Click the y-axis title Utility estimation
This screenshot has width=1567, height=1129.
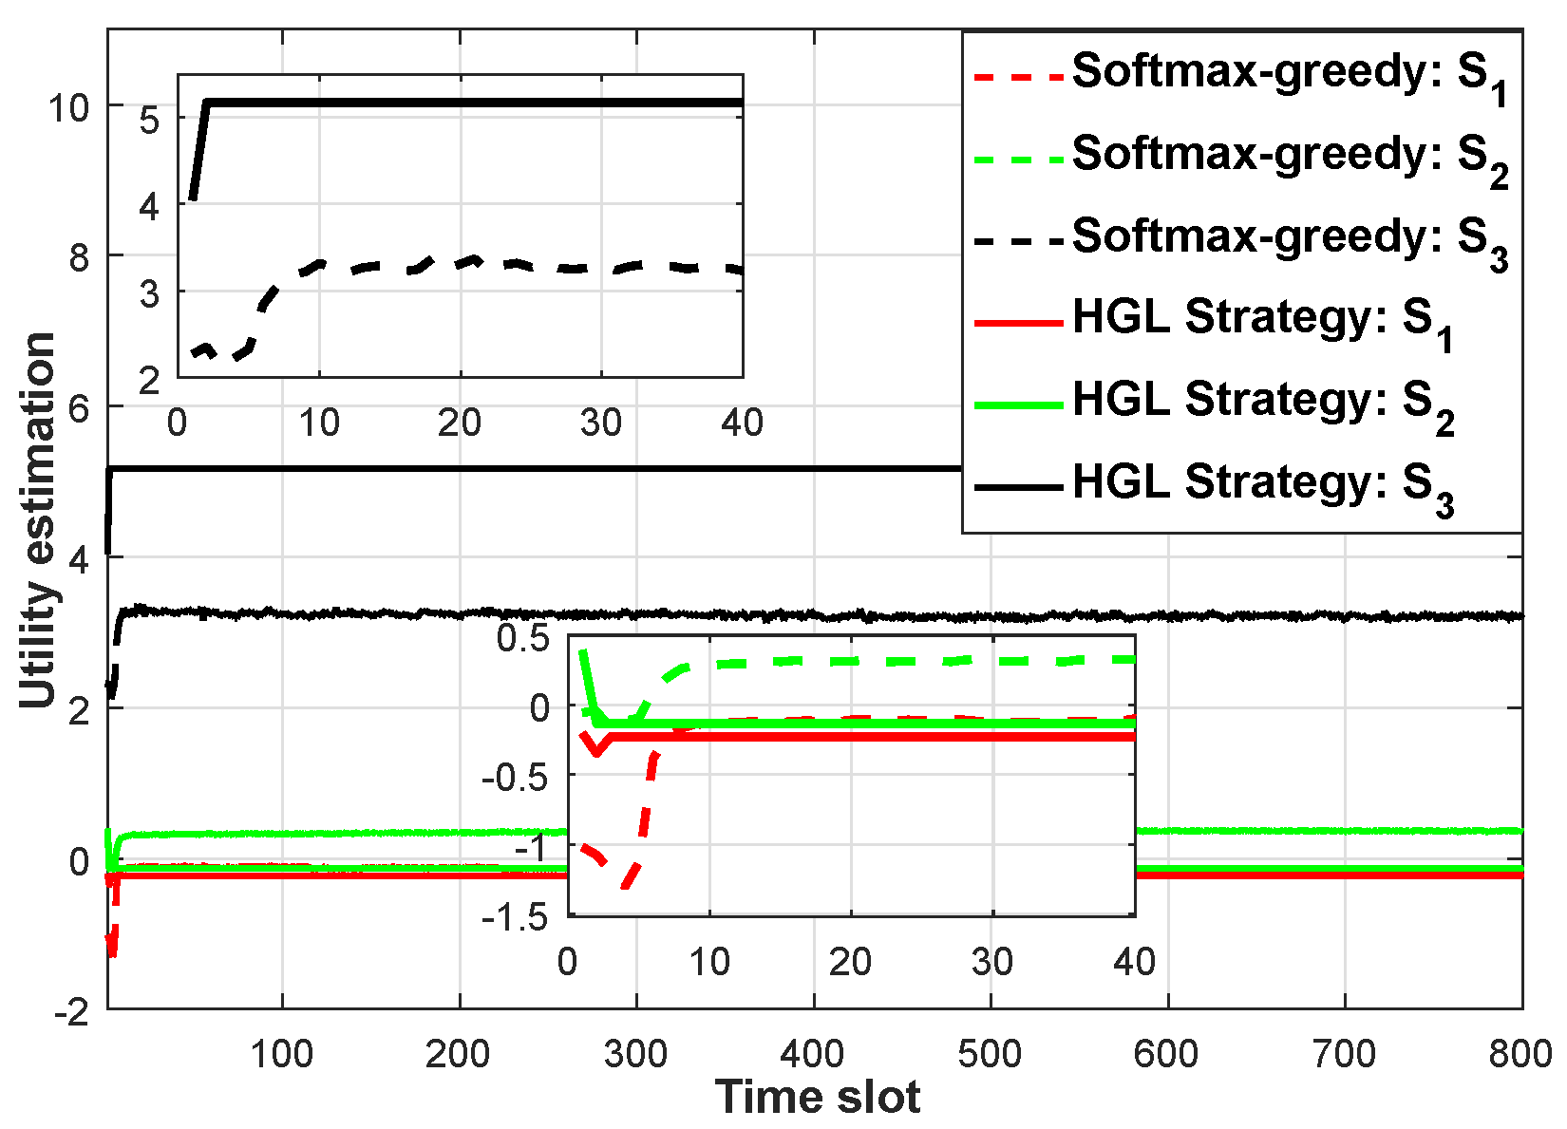(38, 519)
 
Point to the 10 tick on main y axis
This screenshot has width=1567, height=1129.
(68, 107)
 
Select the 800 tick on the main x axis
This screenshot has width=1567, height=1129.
(1520, 1053)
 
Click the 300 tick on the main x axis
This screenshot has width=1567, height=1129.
(635, 1053)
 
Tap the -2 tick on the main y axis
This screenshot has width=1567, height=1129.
(72, 1012)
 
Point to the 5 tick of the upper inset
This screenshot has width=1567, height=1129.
(150, 120)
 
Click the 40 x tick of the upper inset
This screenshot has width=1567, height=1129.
(742, 423)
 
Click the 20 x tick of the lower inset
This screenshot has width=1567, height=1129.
(850, 962)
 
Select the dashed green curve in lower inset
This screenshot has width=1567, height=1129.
(855, 661)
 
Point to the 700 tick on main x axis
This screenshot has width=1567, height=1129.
(1344, 1053)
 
